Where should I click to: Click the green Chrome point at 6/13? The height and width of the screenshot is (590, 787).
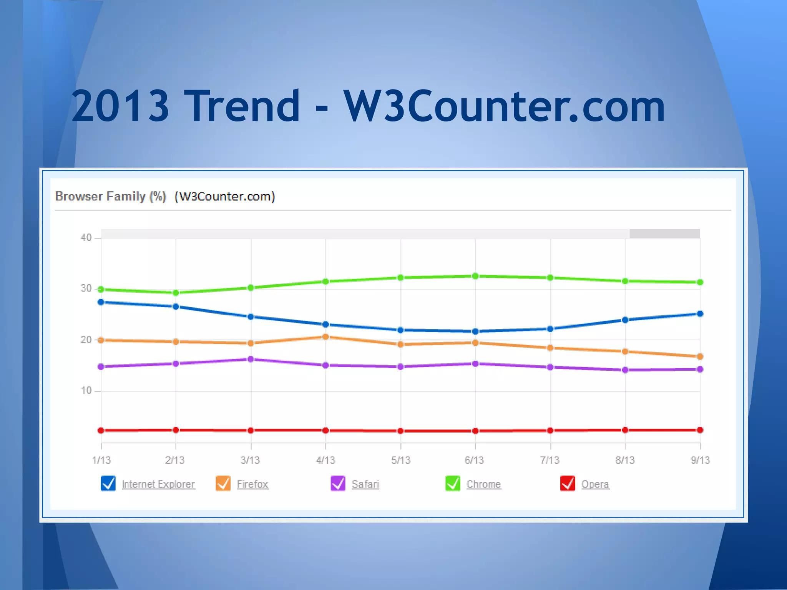(475, 276)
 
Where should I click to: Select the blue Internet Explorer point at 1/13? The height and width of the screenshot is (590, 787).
(101, 302)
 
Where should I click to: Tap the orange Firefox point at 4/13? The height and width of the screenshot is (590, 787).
(325, 337)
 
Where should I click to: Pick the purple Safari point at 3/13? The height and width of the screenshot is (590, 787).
(251, 359)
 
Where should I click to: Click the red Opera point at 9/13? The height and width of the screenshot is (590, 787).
(700, 430)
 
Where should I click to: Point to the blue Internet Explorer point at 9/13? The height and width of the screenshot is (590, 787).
(700, 314)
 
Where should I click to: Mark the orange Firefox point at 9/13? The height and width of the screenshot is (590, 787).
(700, 356)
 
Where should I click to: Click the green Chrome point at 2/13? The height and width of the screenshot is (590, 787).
(176, 293)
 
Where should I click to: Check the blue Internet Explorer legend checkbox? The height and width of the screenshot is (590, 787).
(108, 483)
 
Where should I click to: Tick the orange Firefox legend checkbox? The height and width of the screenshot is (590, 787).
(223, 483)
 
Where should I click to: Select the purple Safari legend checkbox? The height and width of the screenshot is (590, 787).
(338, 483)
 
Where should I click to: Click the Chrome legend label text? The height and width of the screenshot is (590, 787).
(483, 484)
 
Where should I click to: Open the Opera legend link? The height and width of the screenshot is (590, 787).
(595, 484)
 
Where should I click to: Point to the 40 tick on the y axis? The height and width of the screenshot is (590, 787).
(86, 238)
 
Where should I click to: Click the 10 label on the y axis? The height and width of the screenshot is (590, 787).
(86, 391)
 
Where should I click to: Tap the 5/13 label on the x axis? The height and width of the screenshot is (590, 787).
(401, 460)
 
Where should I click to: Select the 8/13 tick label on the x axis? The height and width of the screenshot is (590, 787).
(625, 460)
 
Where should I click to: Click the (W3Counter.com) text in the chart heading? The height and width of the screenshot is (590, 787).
(225, 196)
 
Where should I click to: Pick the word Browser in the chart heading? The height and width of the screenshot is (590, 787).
(79, 196)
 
